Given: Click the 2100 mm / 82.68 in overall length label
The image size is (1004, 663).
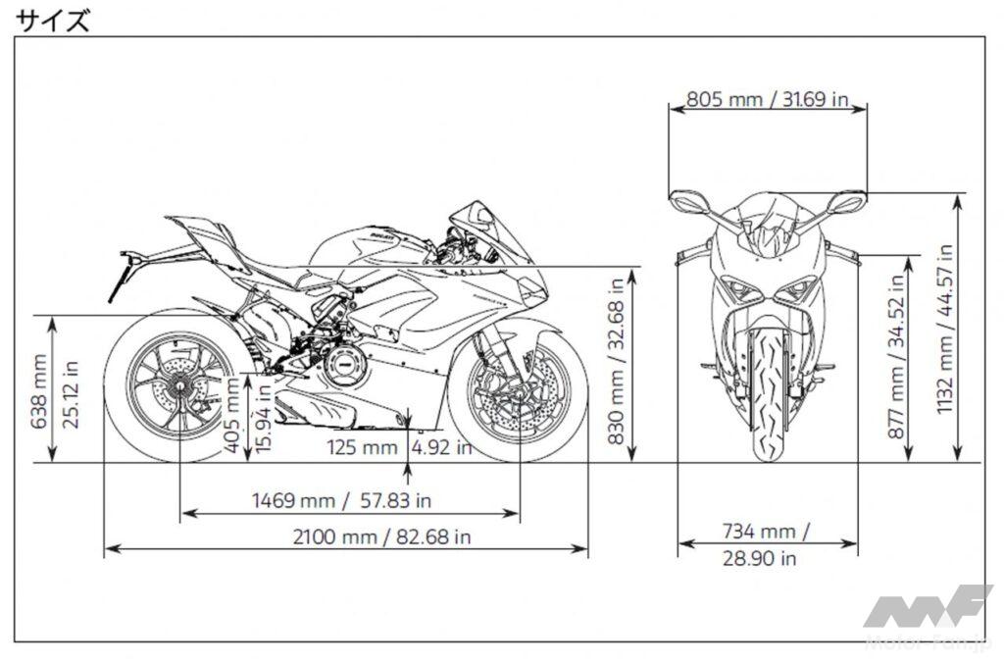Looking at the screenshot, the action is (x=381, y=536).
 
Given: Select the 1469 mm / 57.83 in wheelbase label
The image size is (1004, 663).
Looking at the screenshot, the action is (x=341, y=500).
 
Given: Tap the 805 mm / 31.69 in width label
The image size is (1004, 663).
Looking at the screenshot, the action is (x=767, y=99).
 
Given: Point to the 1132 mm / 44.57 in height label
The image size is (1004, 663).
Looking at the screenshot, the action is (x=945, y=329).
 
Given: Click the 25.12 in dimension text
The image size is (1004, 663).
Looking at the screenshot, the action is (x=71, y=394).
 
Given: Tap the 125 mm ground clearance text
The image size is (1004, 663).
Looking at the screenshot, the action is (x=363, y=446).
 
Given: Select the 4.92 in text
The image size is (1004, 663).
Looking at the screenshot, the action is (x=442, y=446).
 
